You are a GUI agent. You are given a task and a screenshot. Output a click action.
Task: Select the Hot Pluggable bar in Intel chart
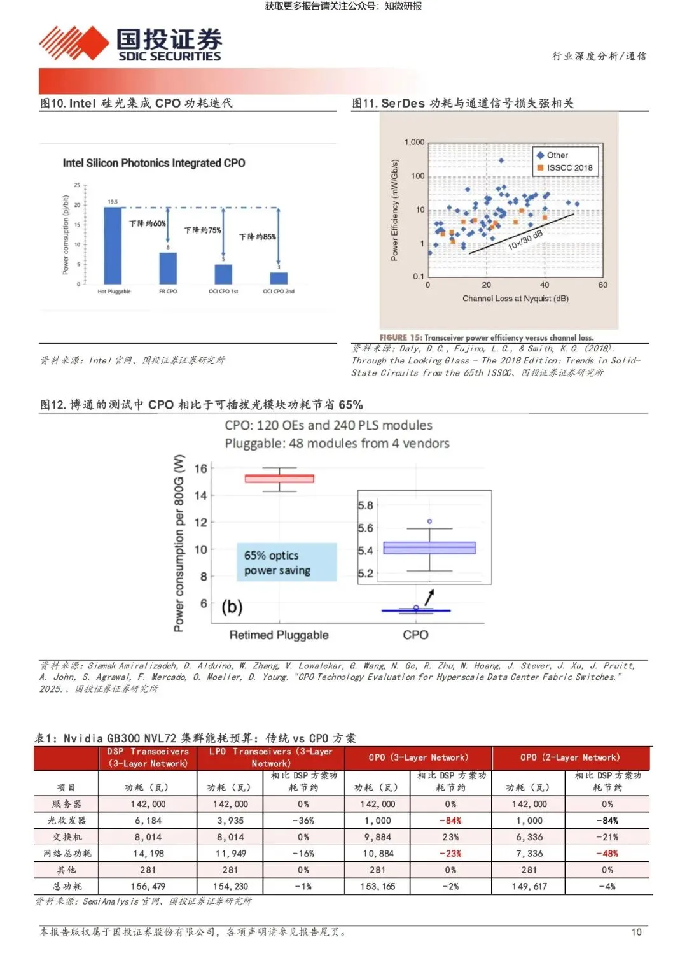(113, 245)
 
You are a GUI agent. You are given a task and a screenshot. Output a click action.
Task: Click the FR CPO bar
(168, 268)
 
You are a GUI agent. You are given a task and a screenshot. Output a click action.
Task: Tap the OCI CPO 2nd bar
(279, 278)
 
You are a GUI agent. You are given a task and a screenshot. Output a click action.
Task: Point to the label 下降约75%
(202, 230)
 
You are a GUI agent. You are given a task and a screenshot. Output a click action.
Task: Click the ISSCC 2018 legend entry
(565, 168)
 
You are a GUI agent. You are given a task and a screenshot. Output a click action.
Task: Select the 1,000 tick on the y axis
(414, 143)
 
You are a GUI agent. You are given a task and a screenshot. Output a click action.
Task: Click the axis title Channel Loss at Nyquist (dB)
(515, 299)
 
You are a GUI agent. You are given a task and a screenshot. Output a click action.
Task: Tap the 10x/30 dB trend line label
(525, 240)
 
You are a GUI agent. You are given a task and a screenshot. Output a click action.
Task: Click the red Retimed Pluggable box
(279, 479)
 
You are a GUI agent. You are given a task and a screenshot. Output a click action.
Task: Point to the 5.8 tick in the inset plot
(366, 505)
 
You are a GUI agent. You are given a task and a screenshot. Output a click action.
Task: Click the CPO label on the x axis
(415, 635)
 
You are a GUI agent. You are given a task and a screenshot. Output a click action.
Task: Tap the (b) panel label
(232, 607)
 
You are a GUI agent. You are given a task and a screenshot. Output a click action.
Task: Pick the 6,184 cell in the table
(148, 821)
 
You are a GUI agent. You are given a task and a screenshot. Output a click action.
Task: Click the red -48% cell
(607, 854)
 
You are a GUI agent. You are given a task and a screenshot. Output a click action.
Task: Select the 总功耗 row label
(66, 886)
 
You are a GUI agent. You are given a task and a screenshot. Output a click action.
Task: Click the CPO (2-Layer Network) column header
(569, 757)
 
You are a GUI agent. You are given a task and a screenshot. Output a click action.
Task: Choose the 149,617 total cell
(529, 886)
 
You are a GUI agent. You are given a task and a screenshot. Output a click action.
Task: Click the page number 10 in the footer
(636, 932)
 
